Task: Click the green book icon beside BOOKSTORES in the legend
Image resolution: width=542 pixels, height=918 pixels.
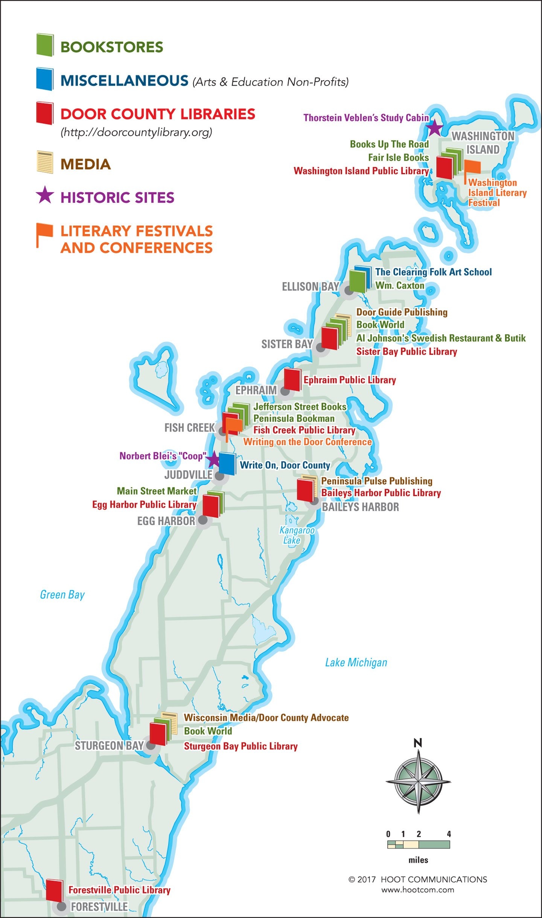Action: tap(45, 45)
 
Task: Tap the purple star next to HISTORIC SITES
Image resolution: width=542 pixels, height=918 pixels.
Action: tap(45, 195)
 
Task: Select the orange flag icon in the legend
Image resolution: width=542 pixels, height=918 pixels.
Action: tap(44, 234)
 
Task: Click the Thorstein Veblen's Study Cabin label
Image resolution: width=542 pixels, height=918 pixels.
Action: tap(366, 118)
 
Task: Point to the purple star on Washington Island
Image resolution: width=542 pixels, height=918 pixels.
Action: tap(435, 128)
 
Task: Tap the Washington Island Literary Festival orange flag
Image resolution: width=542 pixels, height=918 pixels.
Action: tap(472, 167)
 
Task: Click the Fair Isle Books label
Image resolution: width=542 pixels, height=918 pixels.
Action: tap(398, 157)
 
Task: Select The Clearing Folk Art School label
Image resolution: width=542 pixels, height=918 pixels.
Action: tap(433, 272)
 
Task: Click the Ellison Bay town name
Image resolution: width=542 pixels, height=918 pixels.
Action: tap(311, 287)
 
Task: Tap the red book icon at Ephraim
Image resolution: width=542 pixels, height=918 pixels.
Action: tap(292, 379)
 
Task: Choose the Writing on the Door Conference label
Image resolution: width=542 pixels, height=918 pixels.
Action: tap(307, 442)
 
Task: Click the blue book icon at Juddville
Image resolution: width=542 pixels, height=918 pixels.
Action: tap(227, 463)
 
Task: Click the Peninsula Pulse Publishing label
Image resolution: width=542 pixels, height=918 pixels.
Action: tap(376, 481)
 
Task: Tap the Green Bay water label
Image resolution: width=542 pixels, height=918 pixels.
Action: tap(62, 595)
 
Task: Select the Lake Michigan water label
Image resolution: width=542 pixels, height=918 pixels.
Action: tap(356, 662)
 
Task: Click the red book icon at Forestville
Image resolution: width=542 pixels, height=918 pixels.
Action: tap(54, 890)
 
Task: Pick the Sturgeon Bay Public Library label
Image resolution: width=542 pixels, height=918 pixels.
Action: tap(241, 746)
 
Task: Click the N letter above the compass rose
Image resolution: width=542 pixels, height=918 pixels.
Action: tap(418, 743)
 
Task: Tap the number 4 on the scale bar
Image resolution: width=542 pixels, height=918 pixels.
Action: tap(449, 834)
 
